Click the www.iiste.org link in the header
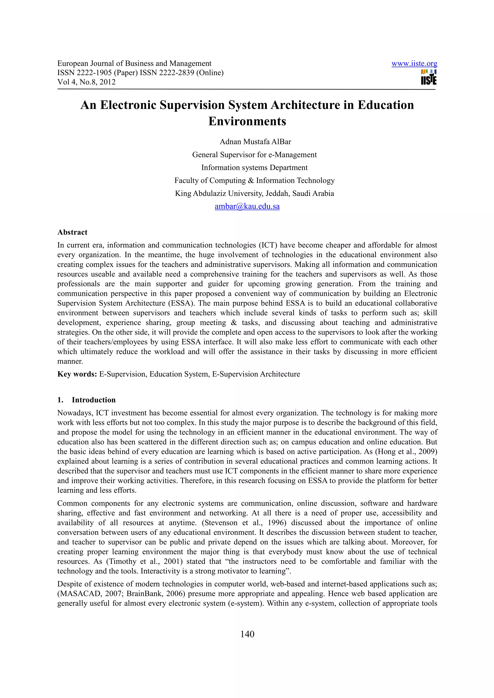pos(414,64)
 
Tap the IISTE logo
pos(429,77)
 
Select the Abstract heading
pos(72,232)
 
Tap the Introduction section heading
pos(93,400)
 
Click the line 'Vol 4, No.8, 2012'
pos(86,82)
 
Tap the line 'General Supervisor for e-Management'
pos(254,155)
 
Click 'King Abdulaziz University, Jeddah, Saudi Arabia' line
pos(254,193)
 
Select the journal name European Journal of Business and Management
pos(134,64)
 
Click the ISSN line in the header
pos(140,73)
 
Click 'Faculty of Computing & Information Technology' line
pos(254,181)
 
